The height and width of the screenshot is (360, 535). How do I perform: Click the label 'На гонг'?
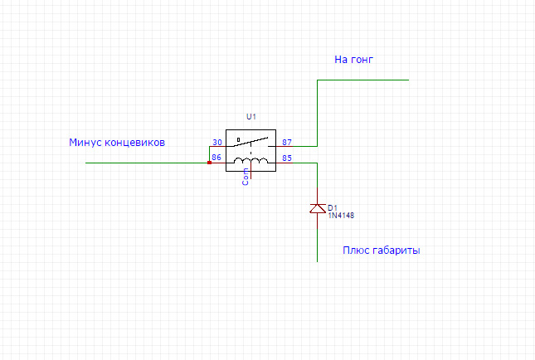point(353,60)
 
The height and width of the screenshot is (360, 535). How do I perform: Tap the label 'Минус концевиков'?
point(117,143)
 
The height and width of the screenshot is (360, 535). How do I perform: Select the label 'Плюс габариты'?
point(381,251)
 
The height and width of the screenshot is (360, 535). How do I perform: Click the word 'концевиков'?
point(134,143)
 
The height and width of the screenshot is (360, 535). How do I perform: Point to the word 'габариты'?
point(396,251)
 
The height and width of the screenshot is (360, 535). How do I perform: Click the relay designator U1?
point(251,117)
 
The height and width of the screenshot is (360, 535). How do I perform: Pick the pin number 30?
point(217,143)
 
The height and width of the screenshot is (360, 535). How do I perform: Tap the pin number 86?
point(216,158)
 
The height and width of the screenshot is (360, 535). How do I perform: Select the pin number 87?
point(287,143)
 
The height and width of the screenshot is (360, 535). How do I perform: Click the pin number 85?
point(287,158)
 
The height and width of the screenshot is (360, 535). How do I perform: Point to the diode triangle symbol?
point(318,208)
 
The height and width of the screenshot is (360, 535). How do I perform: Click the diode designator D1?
point(333,208)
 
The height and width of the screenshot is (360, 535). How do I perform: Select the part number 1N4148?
point(341,216)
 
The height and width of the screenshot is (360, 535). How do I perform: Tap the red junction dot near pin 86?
point(210,163)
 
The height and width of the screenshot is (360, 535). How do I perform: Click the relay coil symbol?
point(250,160)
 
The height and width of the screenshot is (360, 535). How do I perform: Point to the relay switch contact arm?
point(250,142)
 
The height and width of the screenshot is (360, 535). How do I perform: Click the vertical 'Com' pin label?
point(246,177)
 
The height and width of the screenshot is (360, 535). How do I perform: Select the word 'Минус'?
point(85,143)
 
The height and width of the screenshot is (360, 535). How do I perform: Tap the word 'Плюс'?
point(356,251)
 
